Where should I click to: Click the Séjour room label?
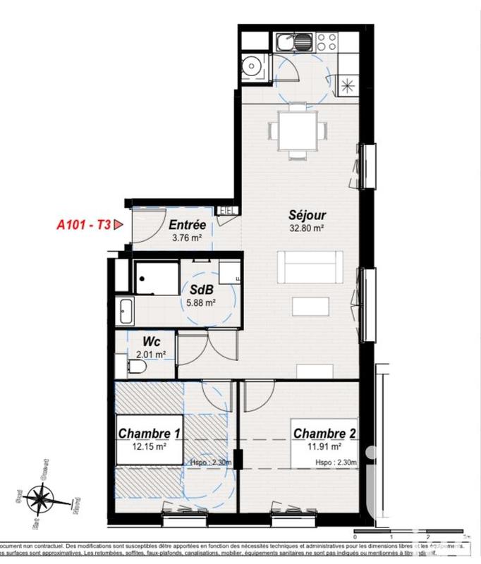[x=306, y=215]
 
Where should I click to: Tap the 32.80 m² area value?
[x=306, y=228]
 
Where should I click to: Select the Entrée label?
[x=187, y=226]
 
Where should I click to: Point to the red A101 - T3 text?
[x=83, y=226]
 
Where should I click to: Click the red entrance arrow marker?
[x=118, y=225]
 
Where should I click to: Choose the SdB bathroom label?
[x=201, y=290]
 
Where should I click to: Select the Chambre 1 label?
[x=144, y=434]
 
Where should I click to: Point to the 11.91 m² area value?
[x=322, y=446]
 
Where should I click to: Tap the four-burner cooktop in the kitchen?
[x=326, y=41]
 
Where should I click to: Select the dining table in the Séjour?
[x=298, y=130]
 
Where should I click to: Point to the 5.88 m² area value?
[x=200, y=303]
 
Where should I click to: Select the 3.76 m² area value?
[x=187, y=238]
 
